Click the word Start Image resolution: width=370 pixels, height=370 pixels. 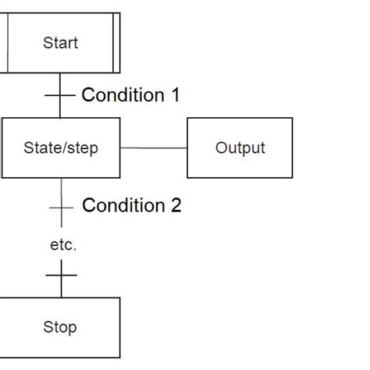click(x=60, y=42)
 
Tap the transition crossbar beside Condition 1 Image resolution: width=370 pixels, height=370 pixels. click(x=60, y=96)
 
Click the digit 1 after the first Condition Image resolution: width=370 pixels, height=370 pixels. click(x=174, y=95)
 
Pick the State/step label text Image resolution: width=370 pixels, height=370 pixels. click(x=61, y=148)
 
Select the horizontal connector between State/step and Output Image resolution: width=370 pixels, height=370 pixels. click(x=154, y=148)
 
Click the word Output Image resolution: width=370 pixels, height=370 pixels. click(x=240, y=148)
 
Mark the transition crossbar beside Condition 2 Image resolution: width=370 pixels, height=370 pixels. click(x=61, y=207)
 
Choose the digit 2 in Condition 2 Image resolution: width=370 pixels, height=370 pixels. click(x=176, y=206)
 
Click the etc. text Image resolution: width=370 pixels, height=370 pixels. click(x=62, y=245)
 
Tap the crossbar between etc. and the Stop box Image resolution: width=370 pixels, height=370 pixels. click(x=61, y=275)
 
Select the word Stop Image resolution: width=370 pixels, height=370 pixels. click(x=60, y=327)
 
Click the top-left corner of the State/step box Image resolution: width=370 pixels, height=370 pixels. click(x=2, y=119)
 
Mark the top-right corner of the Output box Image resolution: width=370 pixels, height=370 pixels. click(x=292, y=119)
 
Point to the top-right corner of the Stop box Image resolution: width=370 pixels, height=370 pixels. click(x=120, y=298)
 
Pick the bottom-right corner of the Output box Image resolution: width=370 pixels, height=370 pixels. click(x=292, y=177)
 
